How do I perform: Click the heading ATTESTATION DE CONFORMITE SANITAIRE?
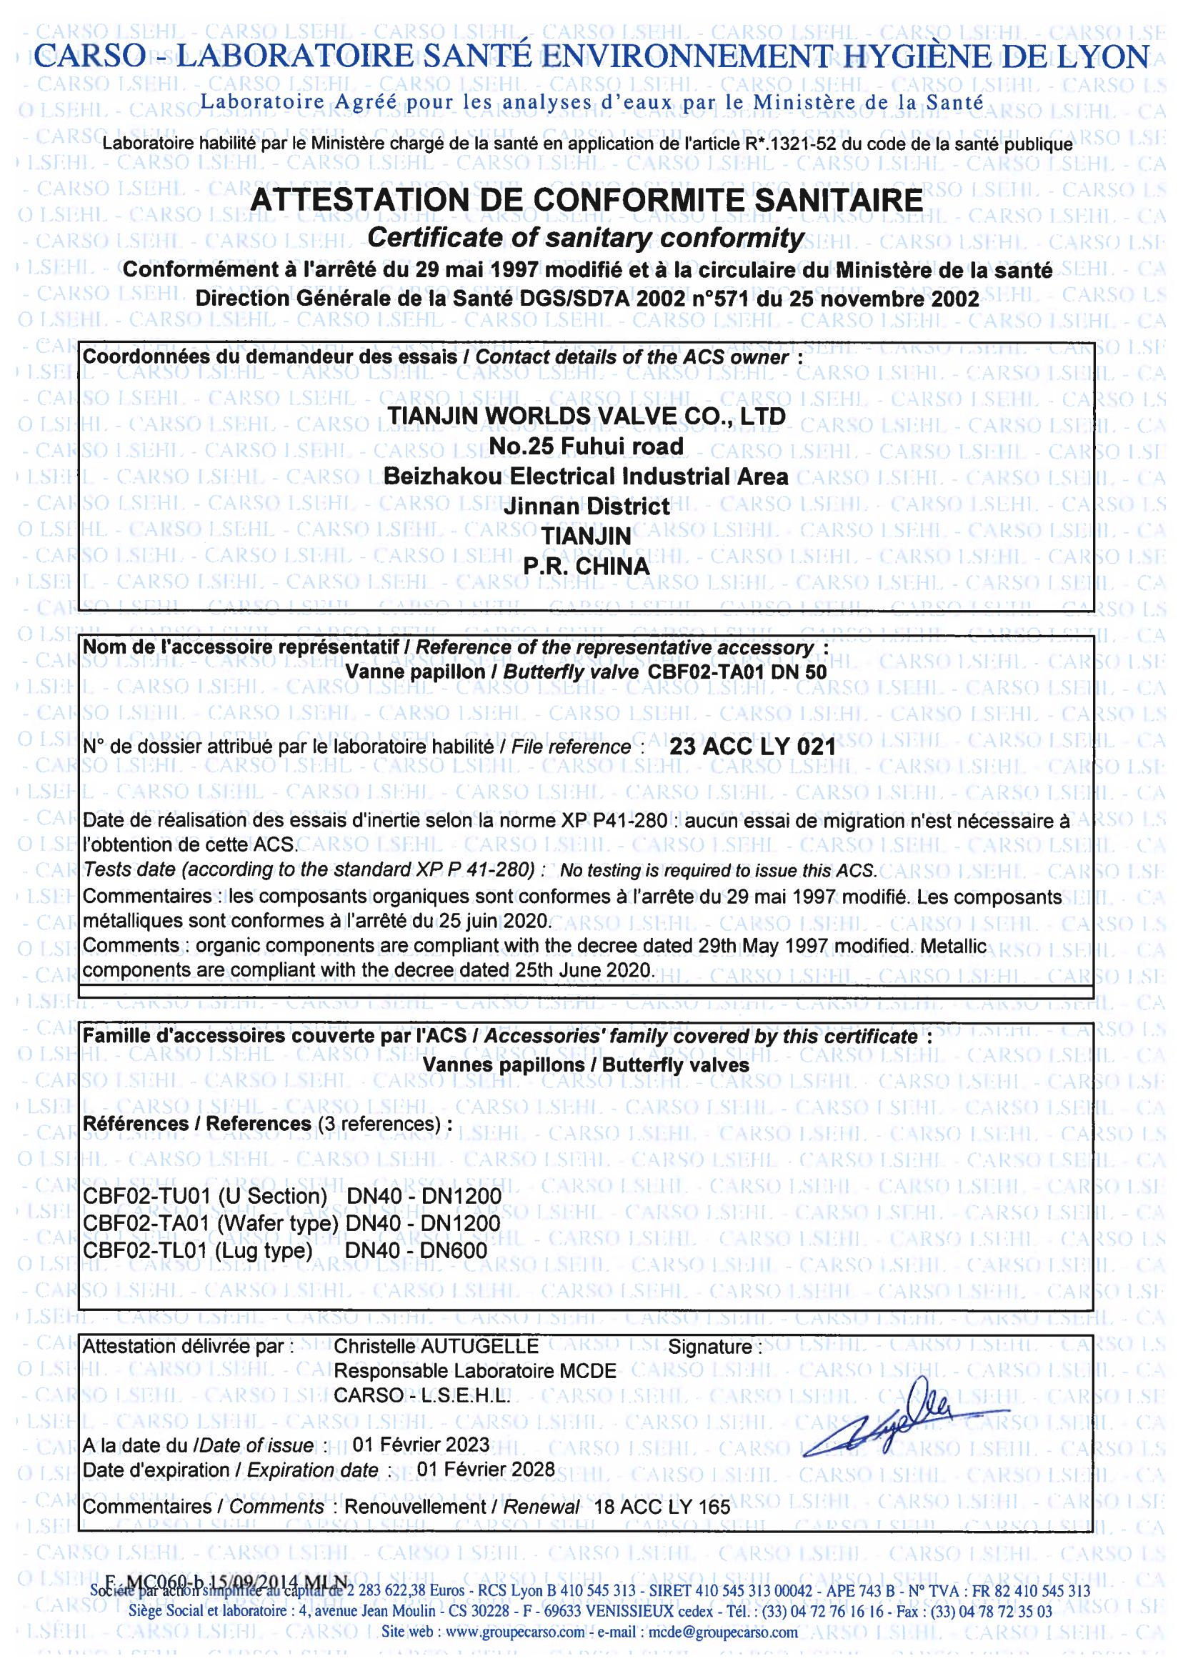point(586,200)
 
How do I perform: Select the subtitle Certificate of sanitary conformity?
point(586,237)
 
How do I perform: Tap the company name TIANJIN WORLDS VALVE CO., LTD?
point(586,416)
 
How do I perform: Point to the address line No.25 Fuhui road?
point(586,446)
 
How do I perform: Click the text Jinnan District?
point(586,506)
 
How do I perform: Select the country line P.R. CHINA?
point(586,566)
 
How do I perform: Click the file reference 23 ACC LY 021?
point(752,747)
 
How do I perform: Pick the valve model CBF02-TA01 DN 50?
point(737,672)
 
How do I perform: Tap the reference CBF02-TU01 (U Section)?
point(206,1196)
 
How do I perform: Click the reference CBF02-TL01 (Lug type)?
point(198,1250)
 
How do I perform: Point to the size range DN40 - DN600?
point(416,1250)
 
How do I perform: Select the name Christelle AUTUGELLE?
point(436,1346)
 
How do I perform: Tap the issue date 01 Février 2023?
point(421,1444)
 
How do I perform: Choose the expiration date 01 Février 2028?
point(486,1470)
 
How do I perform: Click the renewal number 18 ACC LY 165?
point(662,1507)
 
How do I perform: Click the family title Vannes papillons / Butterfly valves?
point(586,1065)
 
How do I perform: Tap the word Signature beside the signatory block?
point(710,1347)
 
